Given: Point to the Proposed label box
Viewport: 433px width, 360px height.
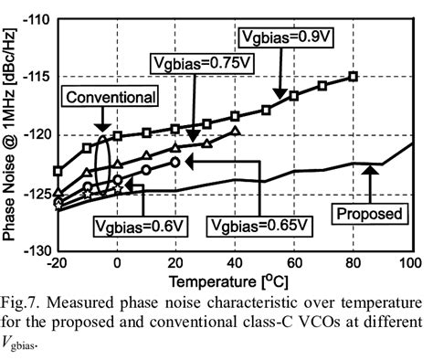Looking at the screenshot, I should (367, 213).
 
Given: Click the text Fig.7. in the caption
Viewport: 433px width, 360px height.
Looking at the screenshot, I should (25, 302).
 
